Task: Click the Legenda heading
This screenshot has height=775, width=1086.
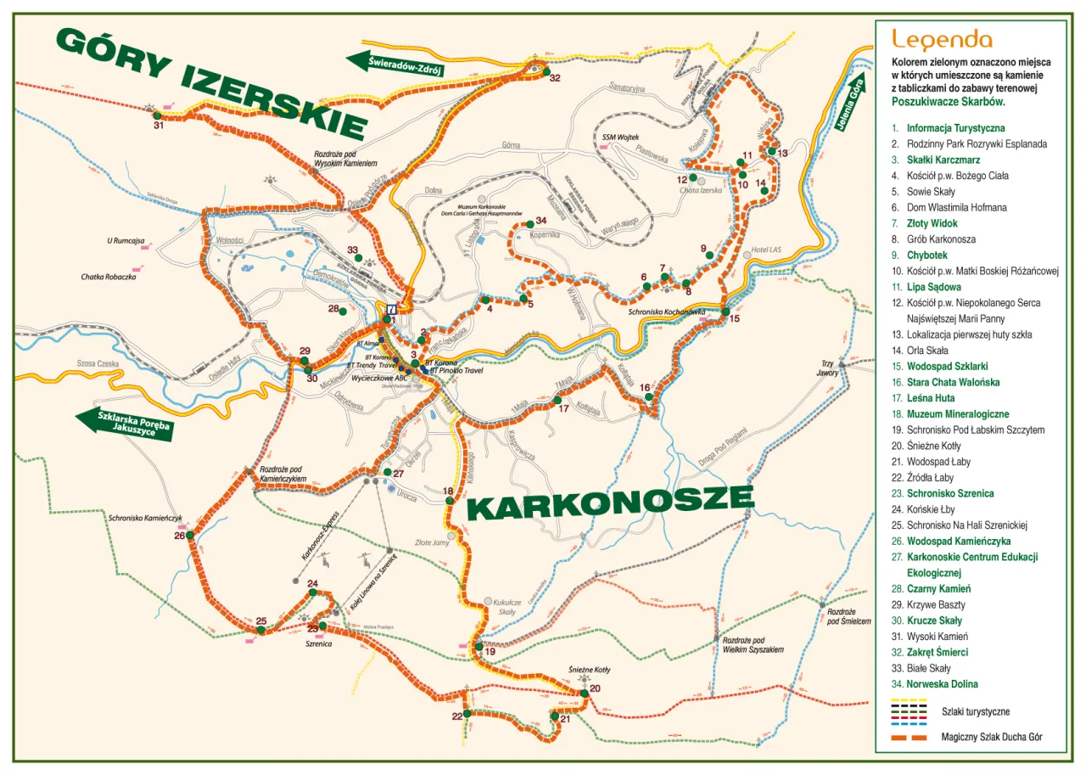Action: pyautogui.click(x=942, y=39)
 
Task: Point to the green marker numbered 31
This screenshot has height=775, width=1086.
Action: pyautogui.click(x=157, y=115)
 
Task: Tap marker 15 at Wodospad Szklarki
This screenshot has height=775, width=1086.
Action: pyautogui.click(x=726, y=312)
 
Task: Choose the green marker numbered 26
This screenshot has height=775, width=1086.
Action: pyautogui.click(x=190, y=535)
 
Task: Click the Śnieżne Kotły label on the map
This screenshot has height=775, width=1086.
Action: pyautogui.click(x=589, y=670)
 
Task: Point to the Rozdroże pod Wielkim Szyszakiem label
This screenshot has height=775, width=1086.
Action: pyautogui.click(x=753, y=644)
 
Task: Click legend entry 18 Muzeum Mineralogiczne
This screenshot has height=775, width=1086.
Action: pyautogui.click(x=957, y=414)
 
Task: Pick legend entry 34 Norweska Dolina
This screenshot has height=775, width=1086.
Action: pyautogui.click(x=942, y=684)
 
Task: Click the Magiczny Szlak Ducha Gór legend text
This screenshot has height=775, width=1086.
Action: pyautogui.click(x=991, y=738)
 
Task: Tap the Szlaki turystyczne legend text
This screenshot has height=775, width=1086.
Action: pyautogui.click(x=976, y=711)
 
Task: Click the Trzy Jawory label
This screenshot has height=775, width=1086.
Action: pyautogui.click(x=827, y=368)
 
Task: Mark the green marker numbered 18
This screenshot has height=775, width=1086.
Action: pyautogui.click(x=450, y=501)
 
